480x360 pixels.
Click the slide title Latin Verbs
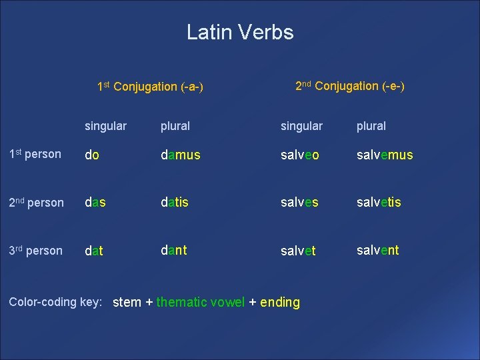(x=240, y=32)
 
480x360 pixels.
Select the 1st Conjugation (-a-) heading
(x=150, y=87)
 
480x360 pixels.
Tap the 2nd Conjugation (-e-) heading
(x=349, y=86)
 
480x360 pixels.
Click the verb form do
(x=92, y=155)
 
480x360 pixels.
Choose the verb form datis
(x=175, y=202)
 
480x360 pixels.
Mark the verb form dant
(x=173, y=250)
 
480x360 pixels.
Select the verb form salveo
(x=300, y=155)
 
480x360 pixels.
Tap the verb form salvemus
(x=385, y=155)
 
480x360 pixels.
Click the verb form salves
(x=299, y=202)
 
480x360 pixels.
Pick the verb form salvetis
(x=379, y=202)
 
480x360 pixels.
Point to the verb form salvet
(x=298, y=252)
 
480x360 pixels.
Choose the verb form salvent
(x=377, y=250)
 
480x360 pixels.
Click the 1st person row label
(x=35, y=154)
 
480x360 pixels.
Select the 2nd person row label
(x=36, y=202)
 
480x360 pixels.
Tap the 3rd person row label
(x=35, y=251)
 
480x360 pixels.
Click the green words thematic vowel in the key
(x=201, y=302)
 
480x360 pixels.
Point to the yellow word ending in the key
(x=280, y=303)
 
